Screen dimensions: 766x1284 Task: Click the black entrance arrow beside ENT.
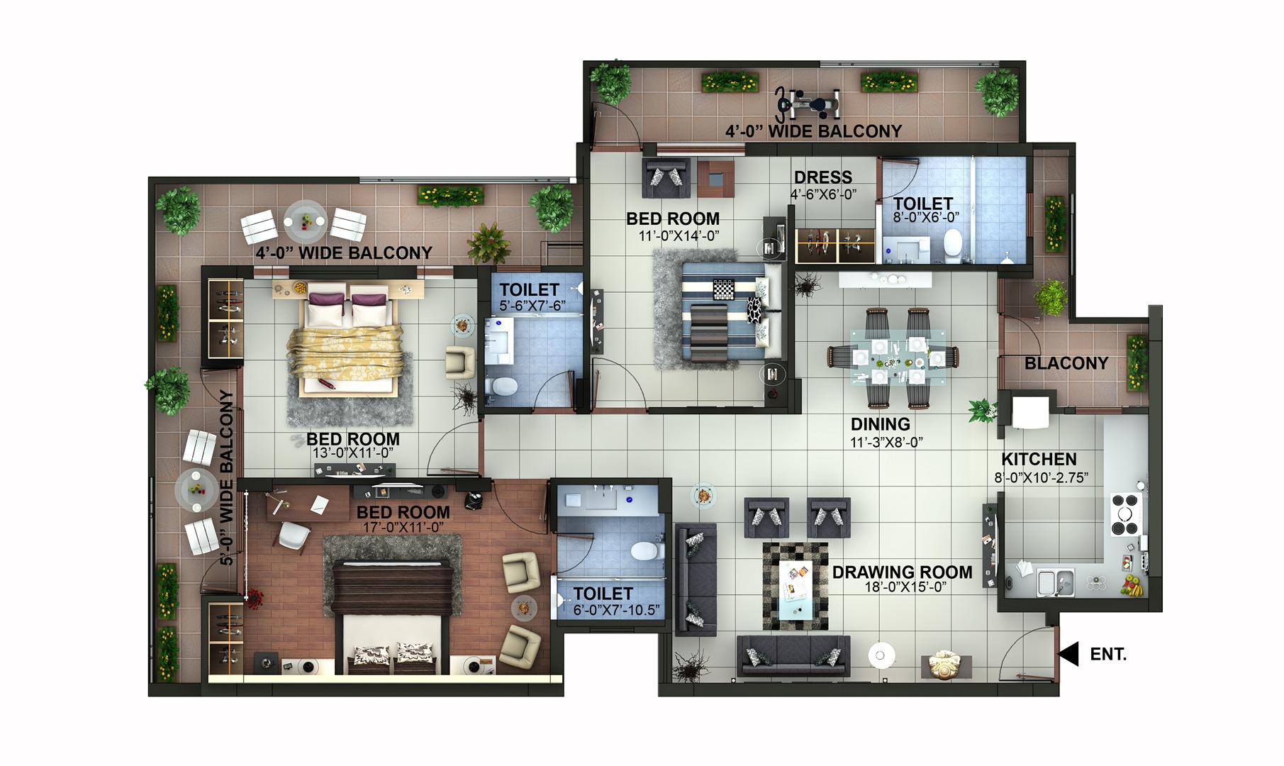coord(1068,653)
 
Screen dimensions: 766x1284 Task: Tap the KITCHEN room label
coord(1039,460)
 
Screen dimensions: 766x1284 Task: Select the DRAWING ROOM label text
coord(902,572)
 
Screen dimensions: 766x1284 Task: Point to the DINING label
coord(880,424)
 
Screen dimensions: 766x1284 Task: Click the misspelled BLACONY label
coord(1066,363)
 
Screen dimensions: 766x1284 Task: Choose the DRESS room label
coord(822,177)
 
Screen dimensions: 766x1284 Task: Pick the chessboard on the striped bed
coord(724,290)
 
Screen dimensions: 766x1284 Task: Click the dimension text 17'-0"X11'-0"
coord(403,527)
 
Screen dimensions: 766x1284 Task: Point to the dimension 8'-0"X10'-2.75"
coord(1040,478)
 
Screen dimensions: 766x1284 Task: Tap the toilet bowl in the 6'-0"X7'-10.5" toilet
coord(644,551)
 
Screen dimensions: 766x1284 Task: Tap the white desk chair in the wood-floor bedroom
coord(293,535)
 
